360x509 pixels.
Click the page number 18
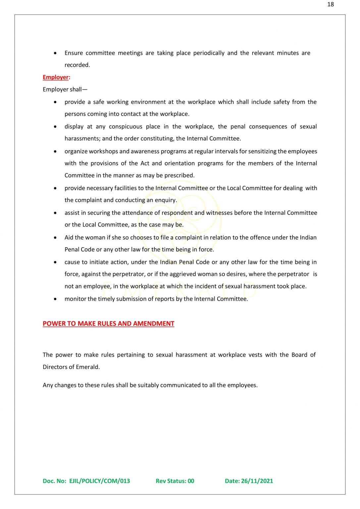(331, 4)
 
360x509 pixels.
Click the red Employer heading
(56, 77)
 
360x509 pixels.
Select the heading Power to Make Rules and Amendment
(108, 323)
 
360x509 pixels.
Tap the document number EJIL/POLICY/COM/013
(99, 481)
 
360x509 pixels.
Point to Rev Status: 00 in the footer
(175, 481)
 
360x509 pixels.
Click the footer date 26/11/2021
(257, 481)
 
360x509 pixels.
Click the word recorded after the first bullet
(77, 65)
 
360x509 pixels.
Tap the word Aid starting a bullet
(69, 238)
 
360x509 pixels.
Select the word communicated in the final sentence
(181, 385)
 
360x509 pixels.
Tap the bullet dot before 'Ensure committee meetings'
(55, 53)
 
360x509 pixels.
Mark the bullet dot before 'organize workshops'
(55, 151)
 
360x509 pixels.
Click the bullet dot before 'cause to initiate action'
(55, 262)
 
